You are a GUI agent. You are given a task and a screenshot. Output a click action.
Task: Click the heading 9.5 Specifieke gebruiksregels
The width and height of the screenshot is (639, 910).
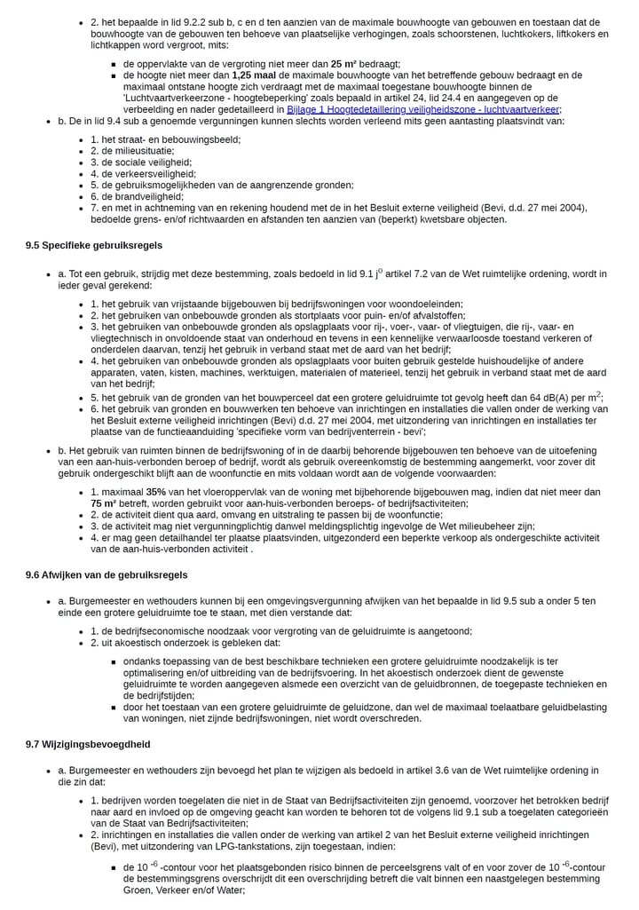click(x=93, y=245)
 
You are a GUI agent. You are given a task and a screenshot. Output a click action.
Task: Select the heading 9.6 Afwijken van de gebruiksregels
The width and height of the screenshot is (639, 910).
click(x=104, y=575)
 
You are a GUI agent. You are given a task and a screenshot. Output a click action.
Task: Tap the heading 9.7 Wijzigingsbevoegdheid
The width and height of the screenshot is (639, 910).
click(x=88, y=744)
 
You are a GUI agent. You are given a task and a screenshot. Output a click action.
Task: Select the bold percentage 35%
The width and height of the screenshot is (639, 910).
click(x=156, y=491)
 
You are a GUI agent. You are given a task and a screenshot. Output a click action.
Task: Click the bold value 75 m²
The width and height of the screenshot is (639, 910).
click(x=106, y=502)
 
